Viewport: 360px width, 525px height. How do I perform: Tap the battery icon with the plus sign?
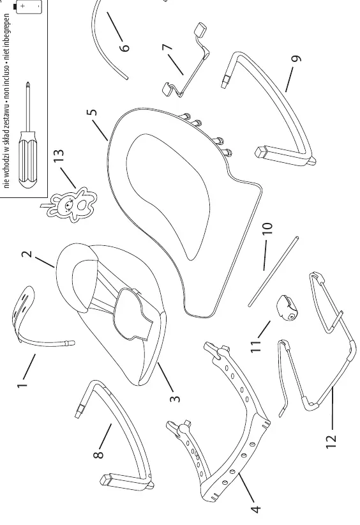point(29,6)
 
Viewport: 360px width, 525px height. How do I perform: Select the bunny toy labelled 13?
point(71,204)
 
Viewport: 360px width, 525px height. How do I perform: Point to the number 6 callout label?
point(124,46)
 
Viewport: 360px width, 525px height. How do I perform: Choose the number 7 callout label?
point(167,47)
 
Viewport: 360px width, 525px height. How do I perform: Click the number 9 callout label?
point(296,58)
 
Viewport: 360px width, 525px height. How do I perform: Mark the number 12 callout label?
point(331,441)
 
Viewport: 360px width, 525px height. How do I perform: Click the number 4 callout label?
point(255,509)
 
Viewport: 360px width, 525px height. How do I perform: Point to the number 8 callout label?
point(99,454)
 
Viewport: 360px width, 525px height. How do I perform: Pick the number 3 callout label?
point(175,399)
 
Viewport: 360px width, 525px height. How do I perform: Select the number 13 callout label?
point(58,155)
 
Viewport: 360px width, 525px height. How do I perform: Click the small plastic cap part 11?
point(287,307)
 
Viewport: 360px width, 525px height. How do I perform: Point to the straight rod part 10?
point(273,271)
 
